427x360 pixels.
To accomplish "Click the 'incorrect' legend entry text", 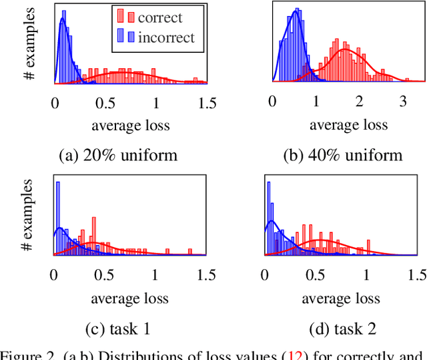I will [166, 37].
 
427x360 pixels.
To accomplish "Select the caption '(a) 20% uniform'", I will [118, 156].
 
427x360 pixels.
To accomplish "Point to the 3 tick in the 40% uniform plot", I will [402, 102].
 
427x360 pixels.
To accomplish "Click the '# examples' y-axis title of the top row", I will [30, 43].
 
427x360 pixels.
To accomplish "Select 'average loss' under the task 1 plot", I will [131, 297].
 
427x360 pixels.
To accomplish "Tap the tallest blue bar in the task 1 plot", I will [57, 218].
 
